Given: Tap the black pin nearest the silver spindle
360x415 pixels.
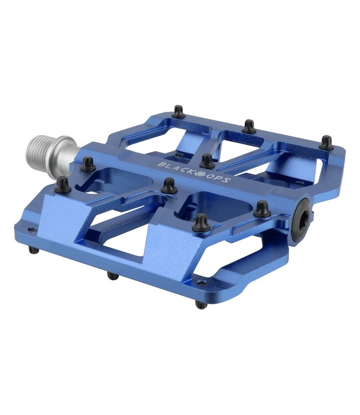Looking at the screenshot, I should coord(88,164).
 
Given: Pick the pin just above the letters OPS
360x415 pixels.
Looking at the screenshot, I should coord(207,161).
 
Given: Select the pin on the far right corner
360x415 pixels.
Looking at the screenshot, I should coord(327,142).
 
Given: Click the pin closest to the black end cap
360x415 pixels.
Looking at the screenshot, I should coord(262,209).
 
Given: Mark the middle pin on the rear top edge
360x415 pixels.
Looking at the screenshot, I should coord(249,126).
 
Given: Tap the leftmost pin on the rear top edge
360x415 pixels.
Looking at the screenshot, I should coord(178,112).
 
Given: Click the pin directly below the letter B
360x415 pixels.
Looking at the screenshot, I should coord(169,186).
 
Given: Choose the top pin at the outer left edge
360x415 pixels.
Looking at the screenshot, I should coord(63,185).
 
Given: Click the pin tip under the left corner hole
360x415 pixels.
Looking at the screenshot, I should coord(34,250).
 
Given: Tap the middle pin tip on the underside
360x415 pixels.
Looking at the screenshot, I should coord(113,276).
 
